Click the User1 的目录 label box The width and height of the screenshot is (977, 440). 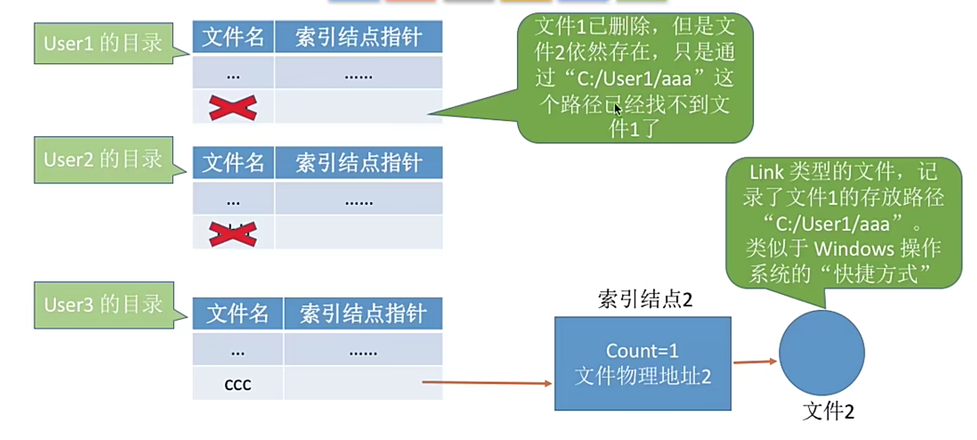(x=103, y=43)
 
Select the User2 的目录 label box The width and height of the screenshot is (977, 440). (x=103, y=160)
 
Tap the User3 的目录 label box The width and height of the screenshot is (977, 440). (x=103, y=305)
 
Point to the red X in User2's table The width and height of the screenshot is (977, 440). (x=233, y=233)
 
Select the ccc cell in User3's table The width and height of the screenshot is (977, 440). (x=237, y=384)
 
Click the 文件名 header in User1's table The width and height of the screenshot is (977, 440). (x=233, y=37)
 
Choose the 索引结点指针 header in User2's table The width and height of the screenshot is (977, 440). (x=359, y=163)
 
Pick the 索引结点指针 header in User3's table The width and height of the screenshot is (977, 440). (x=363, y=314)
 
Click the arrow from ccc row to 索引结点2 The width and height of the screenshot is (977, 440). (x=487, y=383)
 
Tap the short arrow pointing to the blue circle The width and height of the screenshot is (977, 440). (x=754, y=362)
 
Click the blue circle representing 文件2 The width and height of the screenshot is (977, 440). (x=821, y=353)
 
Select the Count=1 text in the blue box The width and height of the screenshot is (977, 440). (x=642, y=350)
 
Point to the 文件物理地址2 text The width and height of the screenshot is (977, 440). (x=642, y=376)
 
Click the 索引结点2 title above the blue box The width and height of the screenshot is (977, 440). (x=645, y=299)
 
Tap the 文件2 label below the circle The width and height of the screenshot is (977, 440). (x=828, y=411)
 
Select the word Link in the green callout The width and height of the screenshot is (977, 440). (x=766, y=172)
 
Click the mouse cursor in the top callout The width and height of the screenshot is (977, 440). (x=617, y=109)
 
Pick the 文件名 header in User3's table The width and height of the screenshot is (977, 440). (x=237, y=314)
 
